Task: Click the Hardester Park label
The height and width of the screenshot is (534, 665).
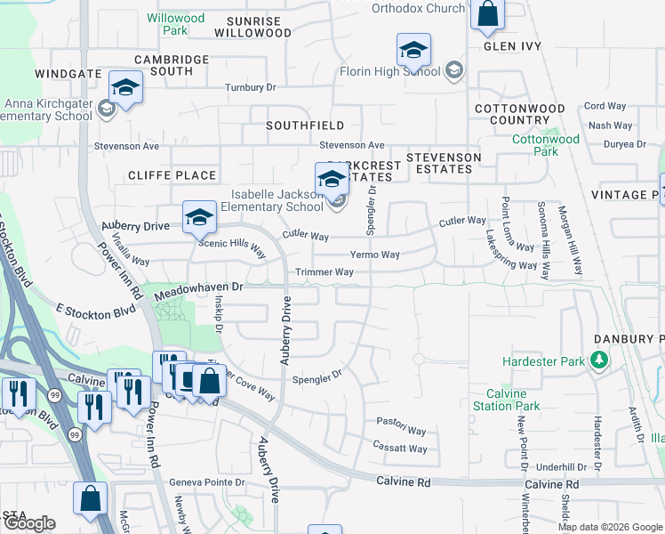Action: pos(543,361)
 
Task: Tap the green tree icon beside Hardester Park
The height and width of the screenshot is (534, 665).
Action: pos(601,360)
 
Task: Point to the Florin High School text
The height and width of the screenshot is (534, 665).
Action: pos(390,71)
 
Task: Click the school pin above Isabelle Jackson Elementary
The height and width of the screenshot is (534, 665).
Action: pos(332,180)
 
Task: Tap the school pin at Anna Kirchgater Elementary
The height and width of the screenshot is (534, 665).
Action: pos(125,89)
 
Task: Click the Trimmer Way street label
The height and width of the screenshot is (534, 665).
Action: pos(324,271)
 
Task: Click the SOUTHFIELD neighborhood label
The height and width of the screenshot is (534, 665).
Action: pos(305,126)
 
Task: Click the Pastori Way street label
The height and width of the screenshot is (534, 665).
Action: pos(396,420)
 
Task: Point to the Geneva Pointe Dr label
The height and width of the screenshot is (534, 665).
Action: pos(207,481)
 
